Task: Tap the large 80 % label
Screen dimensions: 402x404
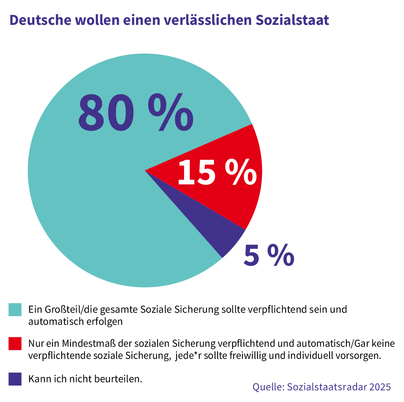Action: coord(135,112)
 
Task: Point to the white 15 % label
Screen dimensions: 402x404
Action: coord(217,173)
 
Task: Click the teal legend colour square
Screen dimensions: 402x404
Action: coord(15,309)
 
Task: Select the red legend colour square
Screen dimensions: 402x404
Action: coord(15,344)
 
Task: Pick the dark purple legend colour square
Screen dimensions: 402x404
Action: coord(15,379)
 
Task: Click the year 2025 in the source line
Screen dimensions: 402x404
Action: coord(380,387)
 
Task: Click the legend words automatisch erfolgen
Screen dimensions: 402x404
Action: coord(75,322)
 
